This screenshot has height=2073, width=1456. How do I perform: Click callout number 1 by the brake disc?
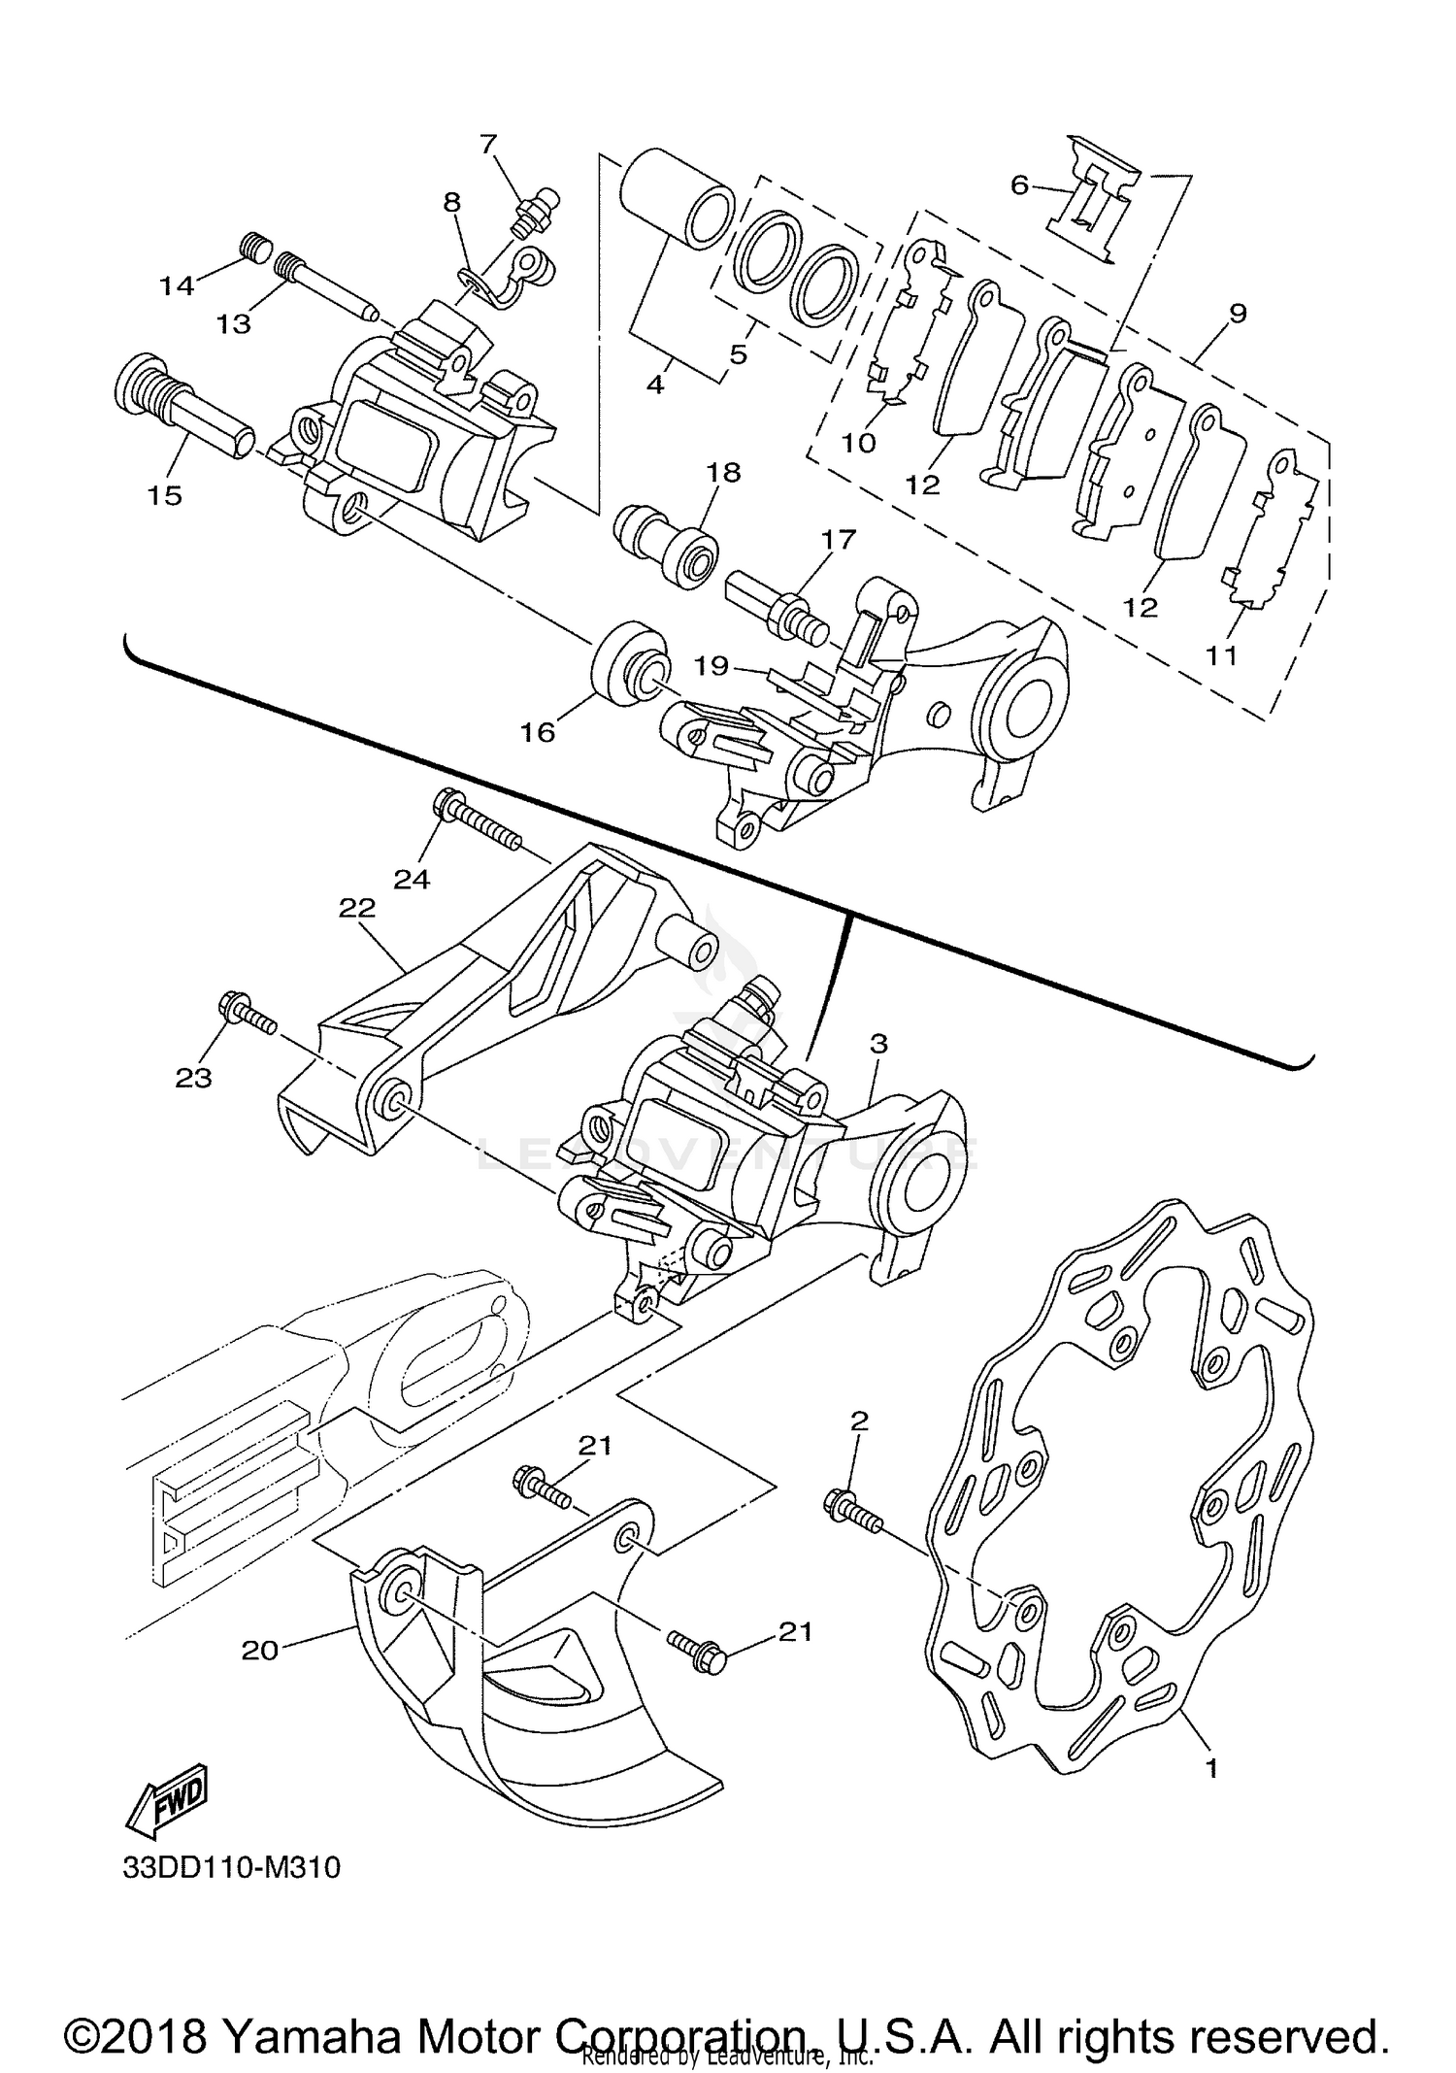point(1210,1768)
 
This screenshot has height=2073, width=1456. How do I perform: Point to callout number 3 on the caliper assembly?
point(877,1045)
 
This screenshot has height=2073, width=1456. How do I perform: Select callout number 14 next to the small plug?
point(178,285)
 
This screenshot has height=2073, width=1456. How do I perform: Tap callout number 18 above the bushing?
point(724,473)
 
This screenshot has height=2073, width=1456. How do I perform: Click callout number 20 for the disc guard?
point(259,1650)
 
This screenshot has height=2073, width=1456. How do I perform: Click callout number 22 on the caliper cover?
point(356,908)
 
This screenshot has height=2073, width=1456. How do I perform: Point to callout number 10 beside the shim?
point(858,443)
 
